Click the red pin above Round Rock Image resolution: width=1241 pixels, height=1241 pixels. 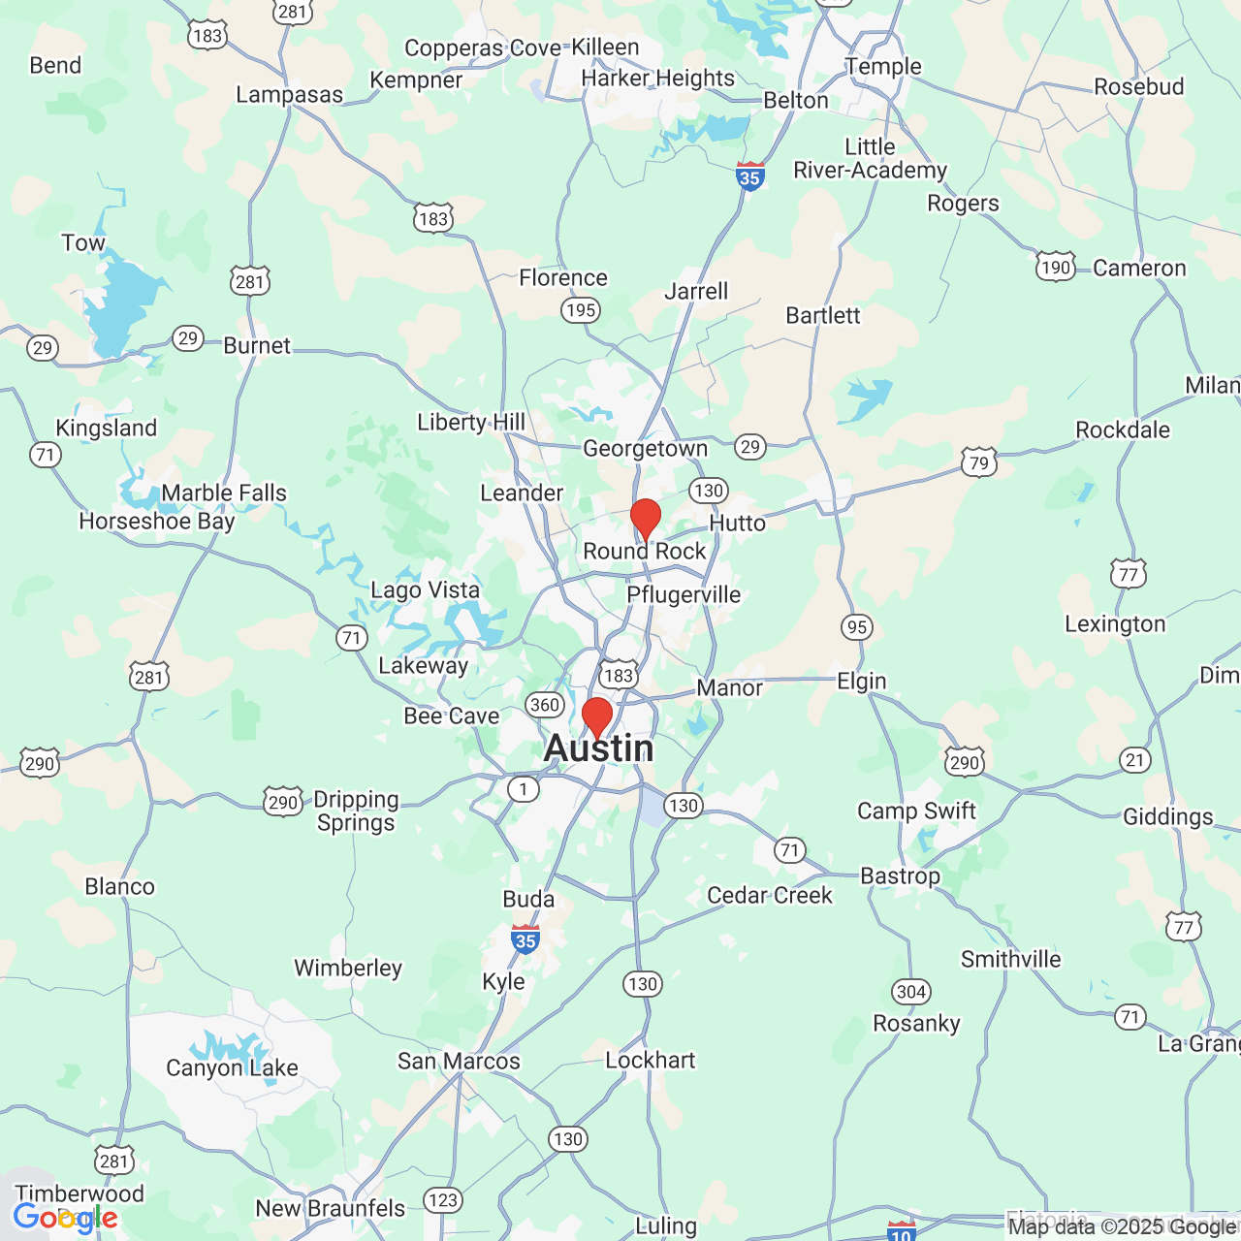[x=646, y=517]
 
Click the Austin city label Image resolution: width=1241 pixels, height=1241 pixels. [x=599, y=748]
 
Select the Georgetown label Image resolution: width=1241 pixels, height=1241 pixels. [x=646, y=449]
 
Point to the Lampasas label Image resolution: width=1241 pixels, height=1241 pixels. [x=290, y=95]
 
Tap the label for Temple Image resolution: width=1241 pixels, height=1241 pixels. [x=883, y=67]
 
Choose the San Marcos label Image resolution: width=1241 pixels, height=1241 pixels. [x=459, y=1062]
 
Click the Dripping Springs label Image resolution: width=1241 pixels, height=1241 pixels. [x=356, y=811]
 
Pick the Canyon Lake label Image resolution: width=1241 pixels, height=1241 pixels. [x=232, y=1068]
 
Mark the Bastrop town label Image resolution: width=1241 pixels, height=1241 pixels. [x=900, y=876]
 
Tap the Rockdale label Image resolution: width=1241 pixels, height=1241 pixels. [x=1123, y=430]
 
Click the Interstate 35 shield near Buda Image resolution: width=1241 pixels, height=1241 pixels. [x=525, y=939]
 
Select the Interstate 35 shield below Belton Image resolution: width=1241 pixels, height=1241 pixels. [x=749, y=176]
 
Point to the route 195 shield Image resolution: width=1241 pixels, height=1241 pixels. [x=581, y=310]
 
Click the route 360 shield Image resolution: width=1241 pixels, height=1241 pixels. [x=545, y=705]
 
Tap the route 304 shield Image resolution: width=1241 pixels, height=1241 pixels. [x=911, y=992]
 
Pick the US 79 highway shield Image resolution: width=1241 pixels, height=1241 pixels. [x=979, y=462]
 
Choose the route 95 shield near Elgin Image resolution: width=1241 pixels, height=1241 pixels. [x=857, y=627]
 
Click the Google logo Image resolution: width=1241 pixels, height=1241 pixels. [x=65, y=1218]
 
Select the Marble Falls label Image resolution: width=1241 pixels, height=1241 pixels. [x=224, y=493]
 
